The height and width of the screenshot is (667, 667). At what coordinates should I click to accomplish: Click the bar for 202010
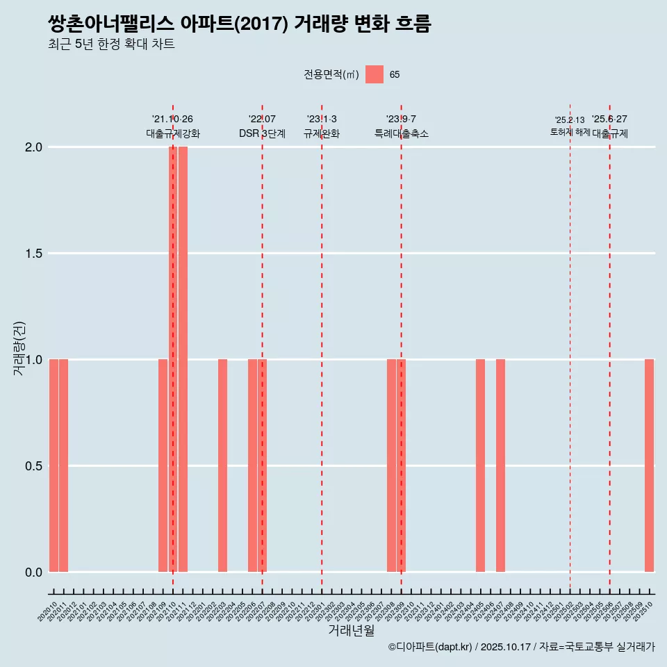(53, 466)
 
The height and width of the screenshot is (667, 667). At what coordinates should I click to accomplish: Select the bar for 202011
(63, 466)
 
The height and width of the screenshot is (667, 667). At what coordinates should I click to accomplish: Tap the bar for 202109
(163, 466)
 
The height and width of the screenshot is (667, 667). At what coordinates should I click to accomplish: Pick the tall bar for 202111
(183, 359)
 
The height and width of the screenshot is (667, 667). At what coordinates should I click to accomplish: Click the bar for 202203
(222, 466)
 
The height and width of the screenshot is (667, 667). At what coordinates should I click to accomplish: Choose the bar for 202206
(252, 466)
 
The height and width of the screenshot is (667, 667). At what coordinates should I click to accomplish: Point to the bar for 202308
(391, 466)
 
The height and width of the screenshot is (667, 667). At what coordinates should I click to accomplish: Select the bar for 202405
(480, 466)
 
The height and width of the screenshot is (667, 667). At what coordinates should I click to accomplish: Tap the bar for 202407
(500, 466)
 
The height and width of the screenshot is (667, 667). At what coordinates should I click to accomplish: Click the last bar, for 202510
(649, 466)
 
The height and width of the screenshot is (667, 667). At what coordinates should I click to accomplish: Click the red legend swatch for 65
(374, 74)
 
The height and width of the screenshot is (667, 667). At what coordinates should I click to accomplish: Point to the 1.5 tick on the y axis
(33, 254)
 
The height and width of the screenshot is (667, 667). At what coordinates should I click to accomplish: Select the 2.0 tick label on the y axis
(33, 147)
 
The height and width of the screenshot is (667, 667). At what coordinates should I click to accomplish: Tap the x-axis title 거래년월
(351, 631)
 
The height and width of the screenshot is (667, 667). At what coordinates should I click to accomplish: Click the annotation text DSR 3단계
(262, 134)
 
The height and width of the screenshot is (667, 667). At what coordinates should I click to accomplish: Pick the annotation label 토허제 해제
(570, 132)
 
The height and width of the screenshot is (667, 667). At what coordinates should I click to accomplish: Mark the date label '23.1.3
(322, 119)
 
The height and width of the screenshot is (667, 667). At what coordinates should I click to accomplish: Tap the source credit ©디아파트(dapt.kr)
(430, 648)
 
